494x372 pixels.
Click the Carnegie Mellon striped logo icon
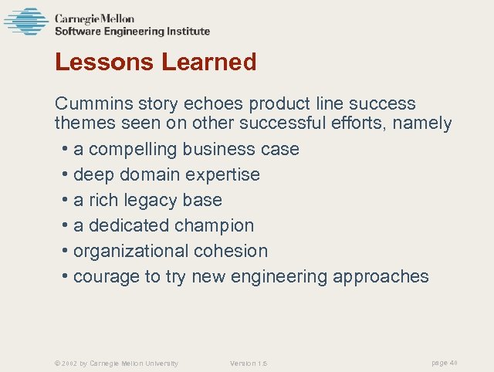point(25,22)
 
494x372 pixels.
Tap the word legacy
point(147,200)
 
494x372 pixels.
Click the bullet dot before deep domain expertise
point(66,174)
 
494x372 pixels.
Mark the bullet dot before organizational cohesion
point(66,251)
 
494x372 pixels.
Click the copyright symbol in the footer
point(56,363)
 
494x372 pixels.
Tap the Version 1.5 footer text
point(249,363)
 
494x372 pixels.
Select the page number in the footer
point(444,362)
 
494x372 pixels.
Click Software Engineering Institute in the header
point(132,32)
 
